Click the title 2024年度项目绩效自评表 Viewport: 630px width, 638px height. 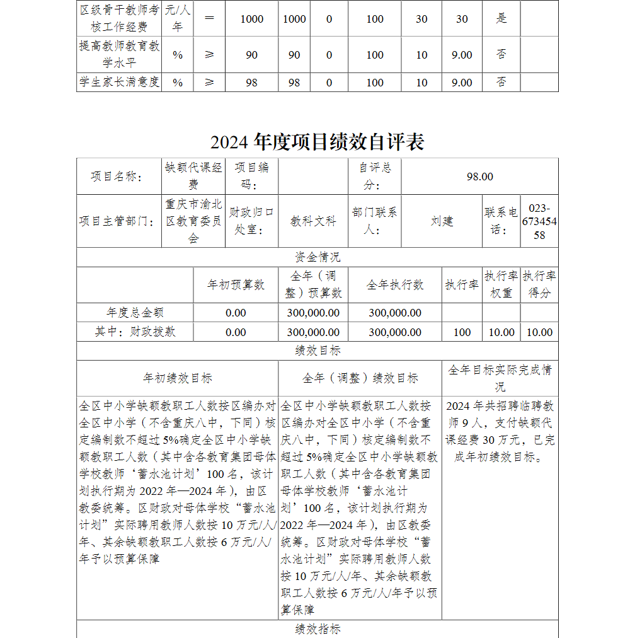click(x=317, y=142)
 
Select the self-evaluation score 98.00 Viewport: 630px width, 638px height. click(x=479, y=177)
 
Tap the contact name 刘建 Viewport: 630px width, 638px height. click(x=442, y=221)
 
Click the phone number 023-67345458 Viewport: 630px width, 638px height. click(x=539, y=222)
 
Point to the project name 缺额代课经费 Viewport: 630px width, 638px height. click(x=193, y=176)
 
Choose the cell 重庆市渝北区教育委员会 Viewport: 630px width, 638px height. click(x=193, y=221)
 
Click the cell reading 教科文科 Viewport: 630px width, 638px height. click(x=313, y=221)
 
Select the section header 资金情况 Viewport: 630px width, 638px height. click(x=317, y=257)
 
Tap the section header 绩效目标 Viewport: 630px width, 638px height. click(x=317, y=351)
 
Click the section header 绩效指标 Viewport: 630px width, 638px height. click(x=317, y=629)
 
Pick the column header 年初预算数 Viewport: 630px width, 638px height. click(x=236, y=285)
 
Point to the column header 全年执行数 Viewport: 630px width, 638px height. click(x=395, y=285)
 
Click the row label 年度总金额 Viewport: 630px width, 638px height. click(x=135, y=313)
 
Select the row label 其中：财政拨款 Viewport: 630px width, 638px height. click(x=135, y=332)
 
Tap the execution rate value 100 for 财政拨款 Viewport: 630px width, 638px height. click(x=462, y=332)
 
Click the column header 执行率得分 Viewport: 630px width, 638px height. click(x=539, y=285)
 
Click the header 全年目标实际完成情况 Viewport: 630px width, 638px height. click(x=500, y=378)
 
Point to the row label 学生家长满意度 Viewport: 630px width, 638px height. click(x=119, y=82)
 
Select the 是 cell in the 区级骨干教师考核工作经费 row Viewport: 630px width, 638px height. click(x=501, y=18)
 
